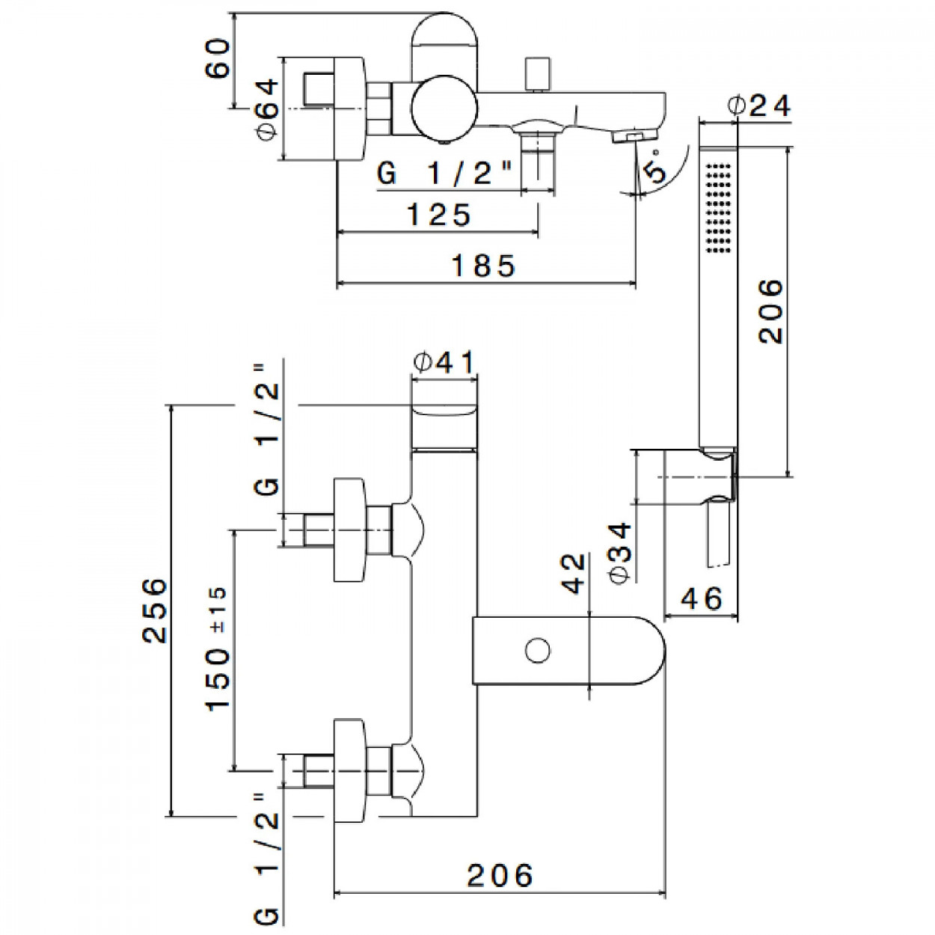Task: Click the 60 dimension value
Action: pos(215,58)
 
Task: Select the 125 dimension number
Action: pos(438,215)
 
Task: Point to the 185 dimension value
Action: pos(482,266)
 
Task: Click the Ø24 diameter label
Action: pos(760,106)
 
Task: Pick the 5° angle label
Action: pos(654,165)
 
